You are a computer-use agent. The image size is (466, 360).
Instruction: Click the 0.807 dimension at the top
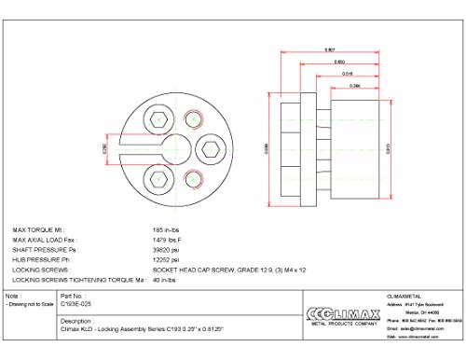(x=330, y=48)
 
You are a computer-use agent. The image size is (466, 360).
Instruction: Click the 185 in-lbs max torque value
(x=165, y=228)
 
